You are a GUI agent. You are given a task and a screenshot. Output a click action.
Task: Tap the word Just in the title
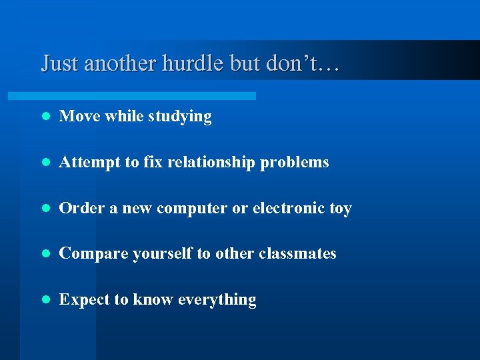click(x=59, y=63)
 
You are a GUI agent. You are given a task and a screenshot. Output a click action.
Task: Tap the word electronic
click(x=289, y=208)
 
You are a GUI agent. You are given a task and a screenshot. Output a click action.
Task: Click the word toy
click(x=340, y=209)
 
